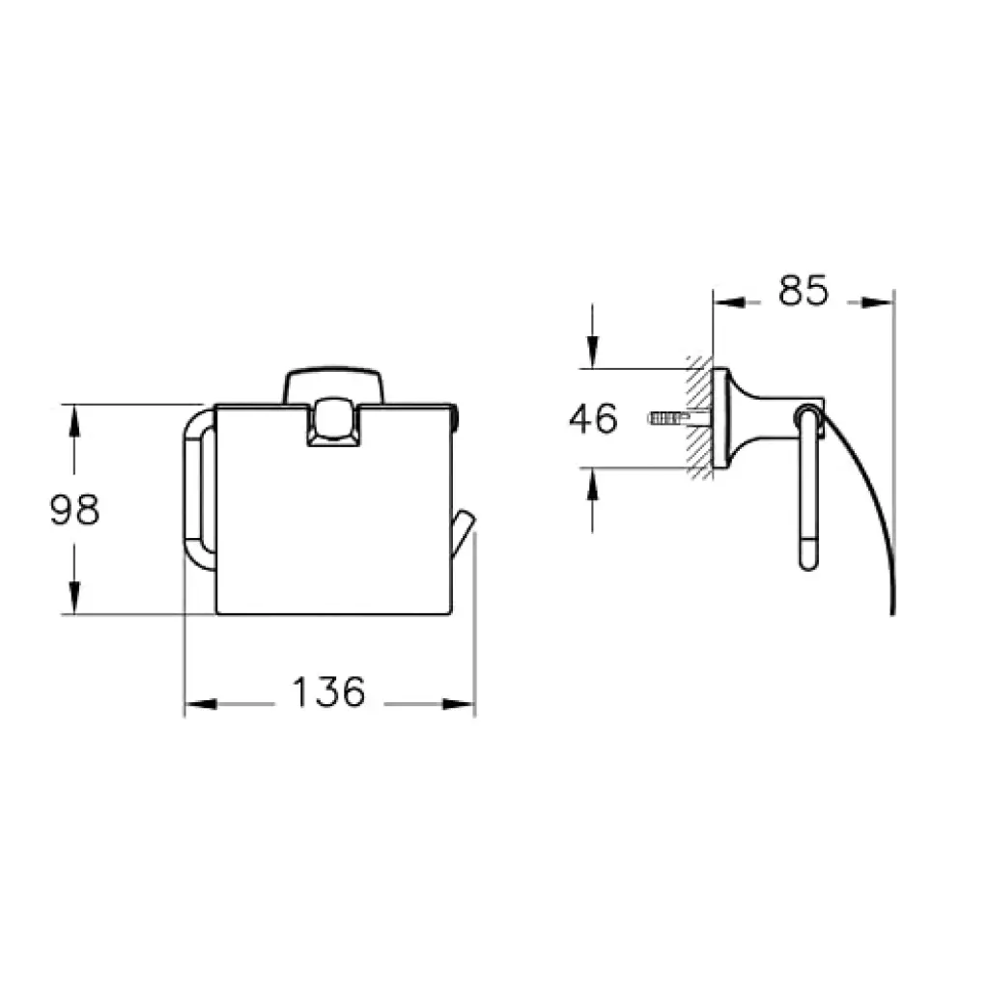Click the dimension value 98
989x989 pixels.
tap(75, 510)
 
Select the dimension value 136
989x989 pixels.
tap(328, 692)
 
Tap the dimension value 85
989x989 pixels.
tap(803, 291)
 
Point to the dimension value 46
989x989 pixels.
tap(594, 419)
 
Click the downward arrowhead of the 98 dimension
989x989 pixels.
tap(74, 598)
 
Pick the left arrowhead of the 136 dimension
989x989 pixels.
tap(201, 704)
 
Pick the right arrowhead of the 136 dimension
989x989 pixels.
tap(459, 704)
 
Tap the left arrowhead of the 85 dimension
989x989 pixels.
tap(729, 302)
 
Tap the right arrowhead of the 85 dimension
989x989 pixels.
tap(878, 302)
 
